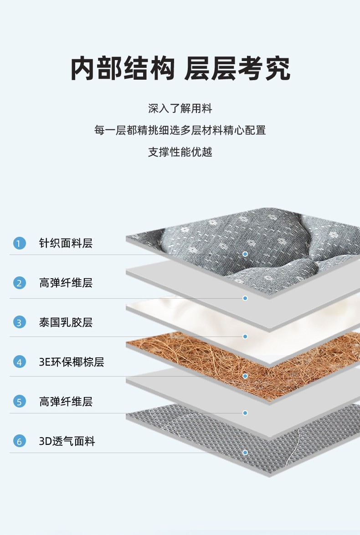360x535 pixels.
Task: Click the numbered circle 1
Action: point(19,243)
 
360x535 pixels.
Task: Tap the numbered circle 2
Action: point(19,283)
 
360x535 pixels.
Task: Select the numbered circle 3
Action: point(19,322)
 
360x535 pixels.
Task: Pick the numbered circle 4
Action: point(19,362)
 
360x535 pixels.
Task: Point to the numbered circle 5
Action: point(19,402)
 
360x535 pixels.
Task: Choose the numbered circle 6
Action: point(19,441)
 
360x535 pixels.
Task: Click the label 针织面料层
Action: point(66,243)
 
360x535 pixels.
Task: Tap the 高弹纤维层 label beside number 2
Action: point(66,283)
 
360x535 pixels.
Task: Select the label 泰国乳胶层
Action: point(66,322)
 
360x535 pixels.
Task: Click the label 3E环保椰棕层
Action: point(72,362)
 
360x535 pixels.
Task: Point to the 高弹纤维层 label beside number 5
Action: point(66,402)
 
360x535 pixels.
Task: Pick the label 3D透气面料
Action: point(67,441)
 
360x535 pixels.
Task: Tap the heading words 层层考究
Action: point(237,69)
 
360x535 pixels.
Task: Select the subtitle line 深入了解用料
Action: point(180,109)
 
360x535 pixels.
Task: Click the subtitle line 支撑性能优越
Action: point(180,152)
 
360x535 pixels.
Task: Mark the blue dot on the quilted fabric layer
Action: point(245,254)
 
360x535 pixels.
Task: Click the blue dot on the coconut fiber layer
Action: point(245,376)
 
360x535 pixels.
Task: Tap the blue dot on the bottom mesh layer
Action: point(245,453)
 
